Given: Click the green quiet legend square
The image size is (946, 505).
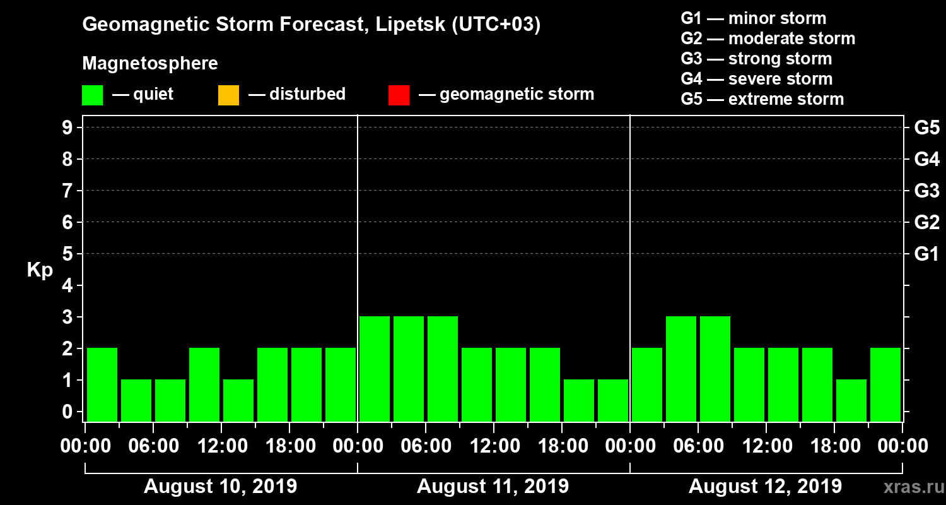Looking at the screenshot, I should click(92, 95).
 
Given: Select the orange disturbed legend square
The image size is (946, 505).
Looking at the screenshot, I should click(228, 95).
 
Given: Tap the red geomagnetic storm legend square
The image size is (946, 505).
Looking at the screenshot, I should click(399, 95).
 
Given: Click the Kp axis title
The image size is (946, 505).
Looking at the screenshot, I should click(40, 270).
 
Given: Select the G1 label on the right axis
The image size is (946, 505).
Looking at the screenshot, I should click(926, 254).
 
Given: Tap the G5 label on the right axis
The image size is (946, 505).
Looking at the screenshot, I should click(926, 128).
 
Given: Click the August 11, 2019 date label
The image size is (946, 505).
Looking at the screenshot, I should click(493, 487).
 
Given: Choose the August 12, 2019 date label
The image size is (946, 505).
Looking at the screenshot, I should click(765, 487).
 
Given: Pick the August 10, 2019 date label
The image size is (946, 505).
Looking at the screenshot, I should click(221, 487).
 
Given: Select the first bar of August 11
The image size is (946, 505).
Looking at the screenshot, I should click(375, 369).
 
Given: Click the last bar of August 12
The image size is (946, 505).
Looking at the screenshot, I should click(885, 384).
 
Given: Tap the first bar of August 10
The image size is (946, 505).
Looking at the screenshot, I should click(102, 384).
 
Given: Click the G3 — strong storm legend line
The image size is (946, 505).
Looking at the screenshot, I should click(756, 59).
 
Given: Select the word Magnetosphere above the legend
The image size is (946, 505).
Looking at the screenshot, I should click(150, 64).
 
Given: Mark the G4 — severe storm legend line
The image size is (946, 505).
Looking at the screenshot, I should click(756, 79).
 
